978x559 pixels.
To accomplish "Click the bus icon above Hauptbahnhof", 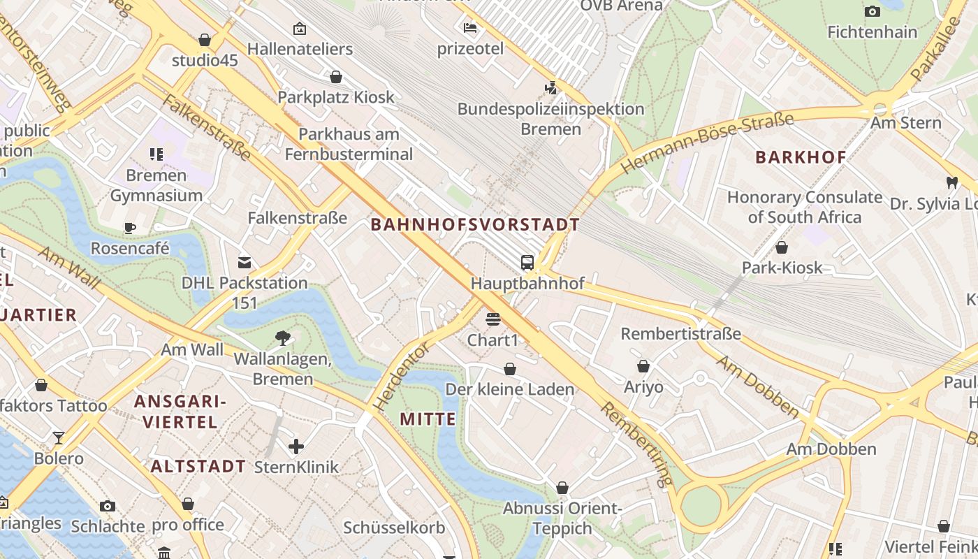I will coord(527,263).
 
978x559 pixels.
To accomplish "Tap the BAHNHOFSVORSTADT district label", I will coord(475,224).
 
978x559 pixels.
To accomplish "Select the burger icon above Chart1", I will coord(493,319).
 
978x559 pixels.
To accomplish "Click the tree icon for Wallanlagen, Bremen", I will coord(283,338).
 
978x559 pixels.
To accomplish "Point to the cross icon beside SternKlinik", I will coord(296,446).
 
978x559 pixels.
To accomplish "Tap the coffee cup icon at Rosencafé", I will coord(130,227).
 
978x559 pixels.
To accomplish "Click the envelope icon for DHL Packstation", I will coord(245,263).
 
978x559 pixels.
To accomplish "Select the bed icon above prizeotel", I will coord(470,28).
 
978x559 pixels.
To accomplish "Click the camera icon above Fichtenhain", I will coord(872,11).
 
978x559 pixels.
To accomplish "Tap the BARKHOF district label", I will coord(801,157).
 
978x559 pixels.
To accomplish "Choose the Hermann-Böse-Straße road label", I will coord(707,143).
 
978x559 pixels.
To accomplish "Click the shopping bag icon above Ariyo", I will coord(643,366).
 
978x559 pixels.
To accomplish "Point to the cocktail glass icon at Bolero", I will coord(59,438).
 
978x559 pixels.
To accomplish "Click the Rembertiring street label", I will coord(636,444).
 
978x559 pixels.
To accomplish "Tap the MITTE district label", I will coord(428,419).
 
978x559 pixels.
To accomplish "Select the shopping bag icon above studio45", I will coord(205,40).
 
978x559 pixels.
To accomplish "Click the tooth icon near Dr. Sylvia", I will coord(951,183).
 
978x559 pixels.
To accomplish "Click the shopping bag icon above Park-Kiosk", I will coord(782,247).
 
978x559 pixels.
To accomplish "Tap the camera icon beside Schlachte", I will coord(107,506).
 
